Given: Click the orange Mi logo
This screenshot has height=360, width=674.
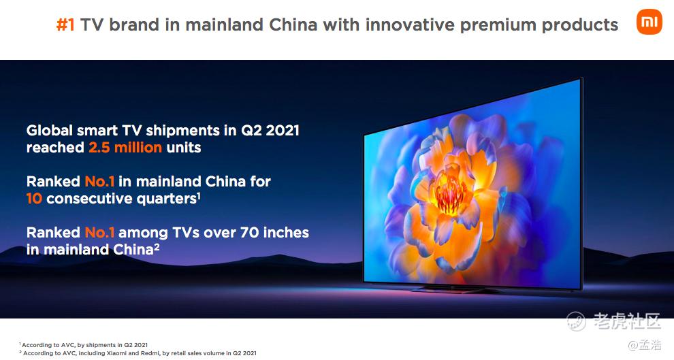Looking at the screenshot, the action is point(649,22).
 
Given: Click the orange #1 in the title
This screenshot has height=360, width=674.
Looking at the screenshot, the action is point(65,25).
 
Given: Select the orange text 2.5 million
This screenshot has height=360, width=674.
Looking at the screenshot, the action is point(125,148).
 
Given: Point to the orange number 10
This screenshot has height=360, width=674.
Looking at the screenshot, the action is point(34,199).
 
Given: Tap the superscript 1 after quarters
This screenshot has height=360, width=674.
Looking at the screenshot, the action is point(199,195).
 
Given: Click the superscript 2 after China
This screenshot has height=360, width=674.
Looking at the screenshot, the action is point(157,246).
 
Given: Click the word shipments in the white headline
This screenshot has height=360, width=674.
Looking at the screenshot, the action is point(184,131).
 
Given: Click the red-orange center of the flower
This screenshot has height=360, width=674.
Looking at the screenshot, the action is point(449,193).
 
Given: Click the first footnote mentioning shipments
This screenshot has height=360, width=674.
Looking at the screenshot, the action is point(83,345).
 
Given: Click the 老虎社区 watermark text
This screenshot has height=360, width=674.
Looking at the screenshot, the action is point(626,321).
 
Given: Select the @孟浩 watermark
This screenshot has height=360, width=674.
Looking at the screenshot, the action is point(645,344).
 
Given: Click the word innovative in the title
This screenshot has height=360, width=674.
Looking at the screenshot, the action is point(410,25).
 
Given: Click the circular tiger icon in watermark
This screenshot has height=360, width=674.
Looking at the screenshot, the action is point(576,321).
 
